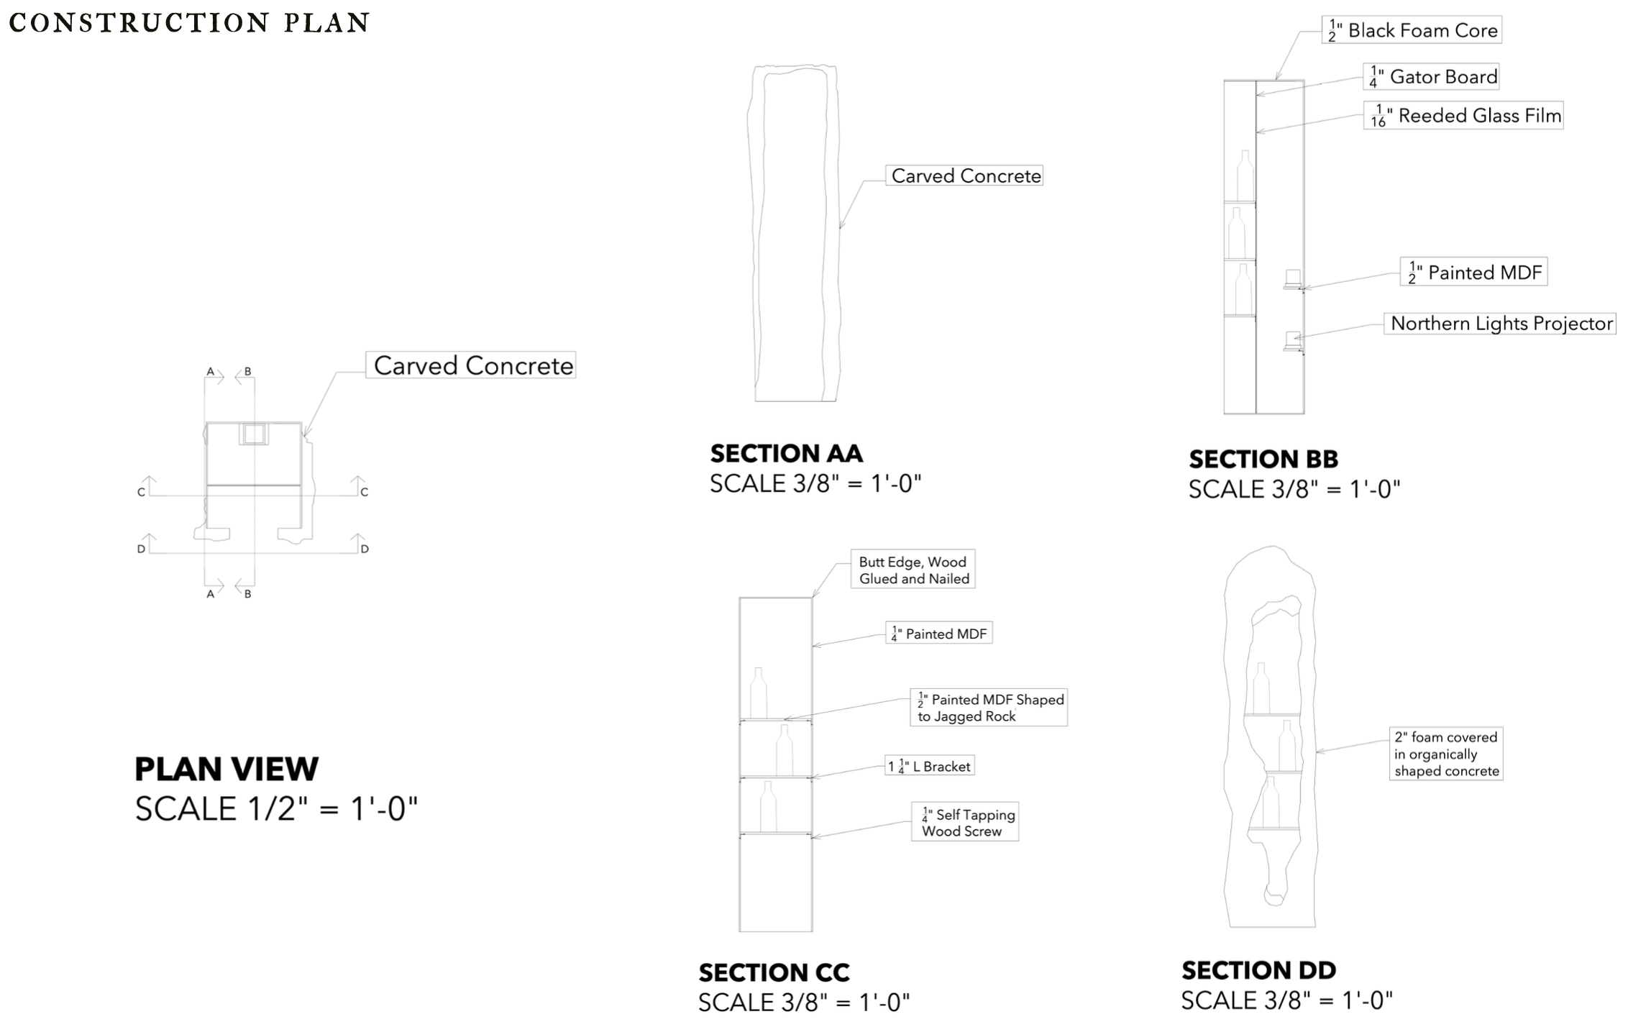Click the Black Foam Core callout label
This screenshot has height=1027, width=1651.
click(1412, 30)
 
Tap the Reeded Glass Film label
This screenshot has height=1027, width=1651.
click(1463, 116)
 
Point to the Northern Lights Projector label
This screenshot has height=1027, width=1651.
click(1501, 324)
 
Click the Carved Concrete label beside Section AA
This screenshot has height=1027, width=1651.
click(964, 176)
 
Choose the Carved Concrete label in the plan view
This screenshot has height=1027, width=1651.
click(471, 365)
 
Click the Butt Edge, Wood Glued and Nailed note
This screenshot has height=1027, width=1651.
click(913, 570)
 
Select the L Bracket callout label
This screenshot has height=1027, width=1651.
click(930, 767)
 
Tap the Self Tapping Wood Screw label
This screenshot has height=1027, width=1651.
click(965, 823)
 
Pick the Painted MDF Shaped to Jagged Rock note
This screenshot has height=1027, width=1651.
click(989, 708)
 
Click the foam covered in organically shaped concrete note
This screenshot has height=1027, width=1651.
click(1446, 754)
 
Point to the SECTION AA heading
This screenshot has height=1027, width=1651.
click(786, 454)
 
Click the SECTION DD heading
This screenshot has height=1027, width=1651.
click(1258, 970)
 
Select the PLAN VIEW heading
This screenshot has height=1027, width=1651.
click(227, 769)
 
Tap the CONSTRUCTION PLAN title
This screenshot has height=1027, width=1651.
click(189, 23)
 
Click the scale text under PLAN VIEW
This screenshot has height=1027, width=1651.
click(276, 809)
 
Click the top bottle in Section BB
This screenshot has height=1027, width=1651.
click(1245, 175)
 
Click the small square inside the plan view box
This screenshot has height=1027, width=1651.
click(253, 434)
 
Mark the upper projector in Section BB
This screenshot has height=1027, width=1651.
click(1293, 278)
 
